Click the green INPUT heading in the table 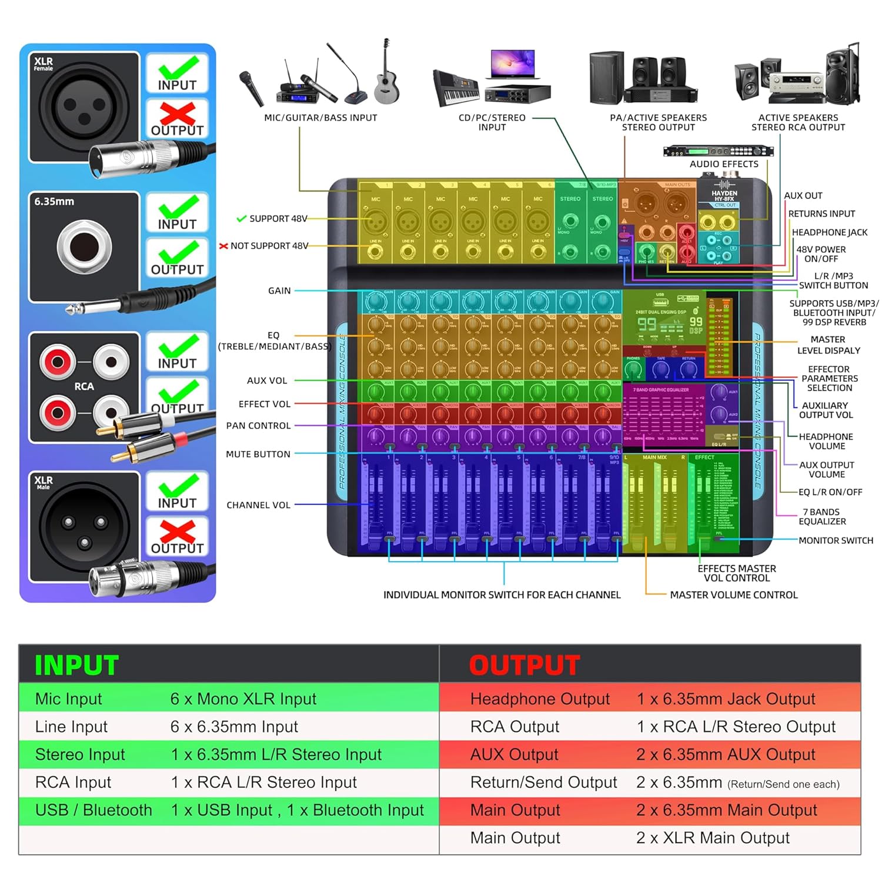(x=76, y=665)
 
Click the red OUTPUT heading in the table (x=524, y=665)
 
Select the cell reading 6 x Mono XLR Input (x=243, y=699)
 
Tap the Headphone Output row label (x=540, y=699)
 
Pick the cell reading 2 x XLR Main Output (x=713, y=837)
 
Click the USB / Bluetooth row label (x=93, y=810)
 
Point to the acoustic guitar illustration (x=386, y=73)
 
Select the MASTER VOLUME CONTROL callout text (x=734, y=594)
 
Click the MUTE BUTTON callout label (x=258, y=454)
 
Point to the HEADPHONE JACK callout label (x=829, y=232)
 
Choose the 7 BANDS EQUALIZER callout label (x=822, y=516)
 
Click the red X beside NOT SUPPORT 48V (x=223, y=246)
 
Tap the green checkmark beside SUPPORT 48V (x=241, y=219)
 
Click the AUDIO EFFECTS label (x=724, y=164)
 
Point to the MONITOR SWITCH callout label (x=836, y=540)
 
